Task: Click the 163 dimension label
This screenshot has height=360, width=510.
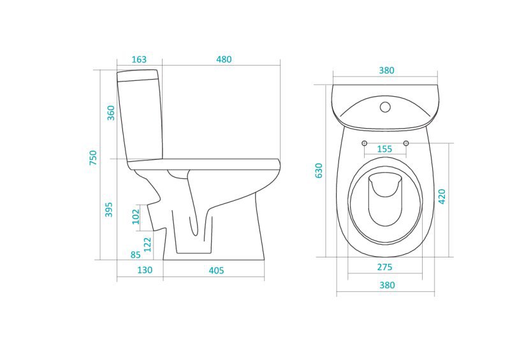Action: [x=139, y=59]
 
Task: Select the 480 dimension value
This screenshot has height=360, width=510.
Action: [x=224, y=59]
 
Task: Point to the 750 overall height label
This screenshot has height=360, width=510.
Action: [x=93, y=157]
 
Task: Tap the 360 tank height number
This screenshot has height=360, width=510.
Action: [x=111, y=113]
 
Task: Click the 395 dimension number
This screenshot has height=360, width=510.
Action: [x=108, y=210]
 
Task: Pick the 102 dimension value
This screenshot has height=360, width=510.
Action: [x=136, y=217]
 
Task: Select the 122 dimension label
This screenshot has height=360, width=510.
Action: [x=148, y=245]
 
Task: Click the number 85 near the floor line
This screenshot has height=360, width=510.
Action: [x=136, y=255]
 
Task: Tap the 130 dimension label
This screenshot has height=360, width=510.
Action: [x=145, y=270]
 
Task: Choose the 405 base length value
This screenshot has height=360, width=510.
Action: [x=216, y=271]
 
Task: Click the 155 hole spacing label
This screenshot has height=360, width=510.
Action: [x=384, y=149]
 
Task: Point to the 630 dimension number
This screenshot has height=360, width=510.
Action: [x=319, y=170]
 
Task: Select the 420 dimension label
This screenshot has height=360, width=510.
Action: [x=442, y=196]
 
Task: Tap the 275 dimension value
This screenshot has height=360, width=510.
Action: [x=384, y=268]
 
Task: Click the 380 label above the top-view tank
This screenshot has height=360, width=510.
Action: [x=386, y=71]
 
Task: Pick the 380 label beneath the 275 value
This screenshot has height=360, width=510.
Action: [x=387, y=285]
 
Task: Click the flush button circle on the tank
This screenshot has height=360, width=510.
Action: [x=385, y=107]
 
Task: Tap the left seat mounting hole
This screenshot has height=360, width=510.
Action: [x=364, y=143]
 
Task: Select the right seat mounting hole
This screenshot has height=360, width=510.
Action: [x=406, y=143]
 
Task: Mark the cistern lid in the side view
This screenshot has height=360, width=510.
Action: [x=138, y=75]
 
